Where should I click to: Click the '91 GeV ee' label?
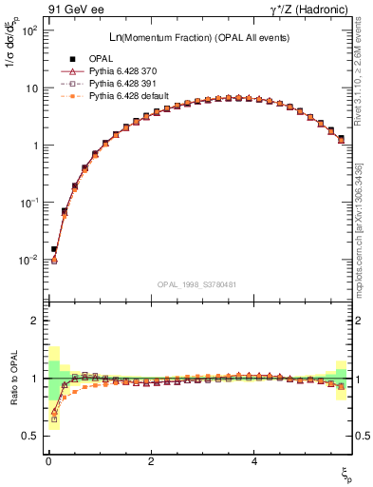point(74,10)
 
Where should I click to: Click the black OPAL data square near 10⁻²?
point(54,249)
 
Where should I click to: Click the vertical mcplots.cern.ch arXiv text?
point(364,219)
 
